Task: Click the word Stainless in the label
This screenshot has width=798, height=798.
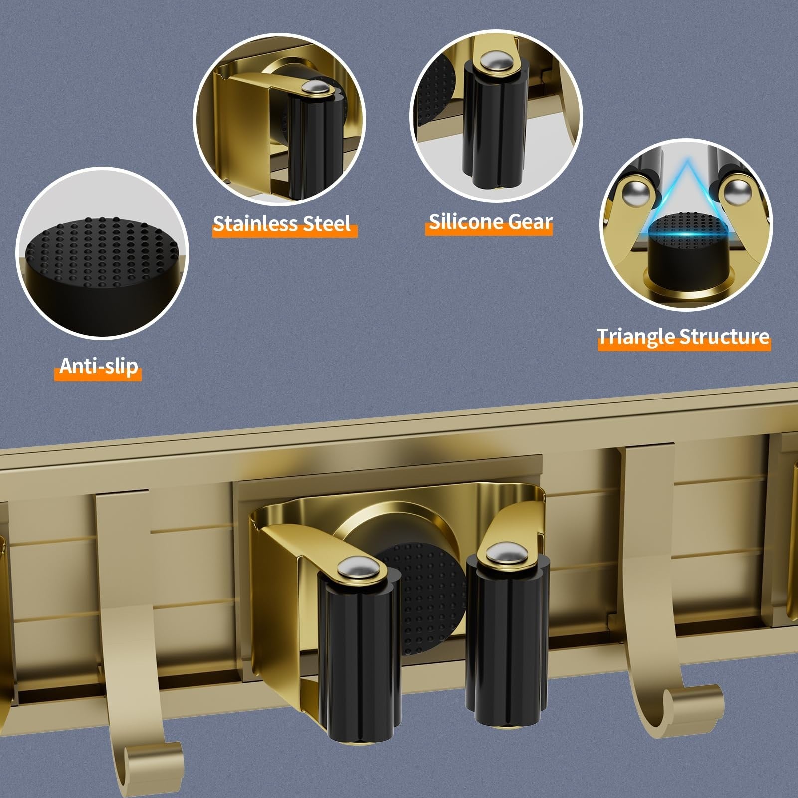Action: pos(255,223)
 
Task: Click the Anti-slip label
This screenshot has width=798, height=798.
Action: pos(99,366)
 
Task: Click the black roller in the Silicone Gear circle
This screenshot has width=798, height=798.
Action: pos(494,122)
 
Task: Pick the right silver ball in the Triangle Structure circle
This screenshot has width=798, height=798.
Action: pos(737,192)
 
